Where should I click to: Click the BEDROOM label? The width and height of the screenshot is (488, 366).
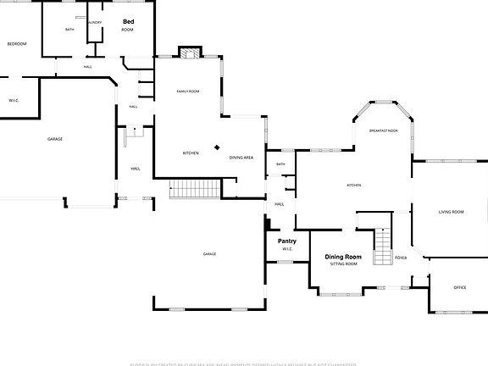click(x=17, y=43)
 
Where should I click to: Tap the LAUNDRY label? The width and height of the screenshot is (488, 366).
click(x=95, y=23)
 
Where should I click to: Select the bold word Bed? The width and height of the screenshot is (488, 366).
click(x=129, y=21)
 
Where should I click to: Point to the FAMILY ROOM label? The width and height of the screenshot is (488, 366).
click(x=188, y=91)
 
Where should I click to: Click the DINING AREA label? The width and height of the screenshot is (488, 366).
click(x=241, y=158)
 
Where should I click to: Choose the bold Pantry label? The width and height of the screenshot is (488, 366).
click(x=287, y=241)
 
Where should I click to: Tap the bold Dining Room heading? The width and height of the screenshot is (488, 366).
click(x=343, y=257)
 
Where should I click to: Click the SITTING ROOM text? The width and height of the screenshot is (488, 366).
click(x=343, y=264)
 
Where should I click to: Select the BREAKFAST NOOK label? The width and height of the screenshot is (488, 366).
click(x=384, y=130)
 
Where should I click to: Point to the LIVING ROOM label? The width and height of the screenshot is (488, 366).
click(x=450, y=212)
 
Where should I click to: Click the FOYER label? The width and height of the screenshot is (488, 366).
click(x=401, y=258)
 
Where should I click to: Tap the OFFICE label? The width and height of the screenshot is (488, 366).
click(x=460, y=287)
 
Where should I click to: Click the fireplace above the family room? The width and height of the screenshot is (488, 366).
click(x=190, y=52)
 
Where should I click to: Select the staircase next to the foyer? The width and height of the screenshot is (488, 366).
click(x=383, y=247)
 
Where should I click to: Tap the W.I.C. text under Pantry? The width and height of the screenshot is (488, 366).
click(x=287, y=249)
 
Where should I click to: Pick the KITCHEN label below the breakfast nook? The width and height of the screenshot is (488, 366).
click(x=353, y=186)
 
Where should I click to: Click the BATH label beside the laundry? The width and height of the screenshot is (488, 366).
click(x=69, y=30)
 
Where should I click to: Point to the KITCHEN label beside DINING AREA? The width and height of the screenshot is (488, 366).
click(x=191, y=153)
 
